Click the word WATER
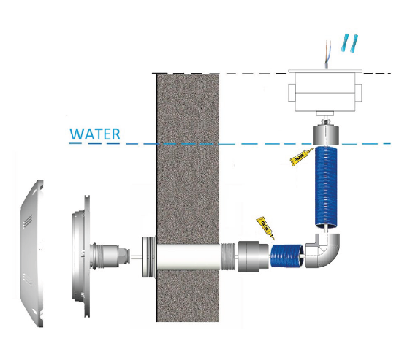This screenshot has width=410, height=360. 95,134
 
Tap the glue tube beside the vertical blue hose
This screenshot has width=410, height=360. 302,157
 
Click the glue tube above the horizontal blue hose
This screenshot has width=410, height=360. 266,228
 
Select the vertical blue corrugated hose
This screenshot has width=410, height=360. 326,187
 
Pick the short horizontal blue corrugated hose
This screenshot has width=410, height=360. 287,256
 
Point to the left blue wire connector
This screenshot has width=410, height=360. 345,42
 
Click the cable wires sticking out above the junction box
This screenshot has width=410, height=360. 327,54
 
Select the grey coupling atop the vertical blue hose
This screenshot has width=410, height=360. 326,134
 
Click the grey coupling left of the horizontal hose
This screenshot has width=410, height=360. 253,256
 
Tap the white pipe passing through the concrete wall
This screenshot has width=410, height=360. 189,257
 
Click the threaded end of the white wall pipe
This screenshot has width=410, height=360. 229,257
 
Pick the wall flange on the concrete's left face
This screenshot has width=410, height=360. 149,257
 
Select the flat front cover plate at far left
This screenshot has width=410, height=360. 32,253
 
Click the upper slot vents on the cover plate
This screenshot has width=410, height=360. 28,221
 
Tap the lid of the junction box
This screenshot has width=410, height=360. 325,71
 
